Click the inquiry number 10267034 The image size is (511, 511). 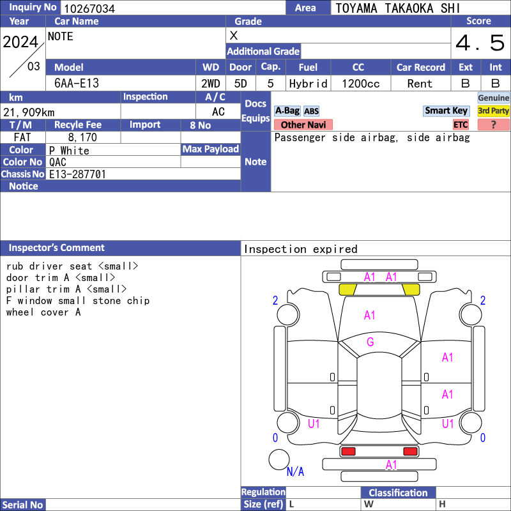pos(89,8)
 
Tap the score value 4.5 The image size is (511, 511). pos(480,43)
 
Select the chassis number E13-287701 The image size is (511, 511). pos(77,174)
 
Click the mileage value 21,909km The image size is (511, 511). pos(29,112)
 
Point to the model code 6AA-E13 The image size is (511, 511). pos(77,84)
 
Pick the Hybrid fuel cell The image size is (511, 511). pos(309,84)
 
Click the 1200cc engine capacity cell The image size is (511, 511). pos(361,84)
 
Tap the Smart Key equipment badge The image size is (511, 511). pos(446,111)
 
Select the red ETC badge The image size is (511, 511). pos(461,125)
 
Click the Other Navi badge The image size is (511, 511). pos(303,125)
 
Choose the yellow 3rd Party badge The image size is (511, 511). pos(493,111)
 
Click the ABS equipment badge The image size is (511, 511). pos(311,111)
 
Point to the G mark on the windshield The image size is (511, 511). pos(370,342)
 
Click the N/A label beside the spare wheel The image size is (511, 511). pos(295,471)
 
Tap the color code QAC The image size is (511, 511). pos(57,162)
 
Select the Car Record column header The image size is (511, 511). pos(421,67)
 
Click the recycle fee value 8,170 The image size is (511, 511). pos(82,137)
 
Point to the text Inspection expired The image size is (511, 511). pos(300,249)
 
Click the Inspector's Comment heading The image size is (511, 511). pos(57,248)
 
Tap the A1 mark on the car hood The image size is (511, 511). pos(370,315)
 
